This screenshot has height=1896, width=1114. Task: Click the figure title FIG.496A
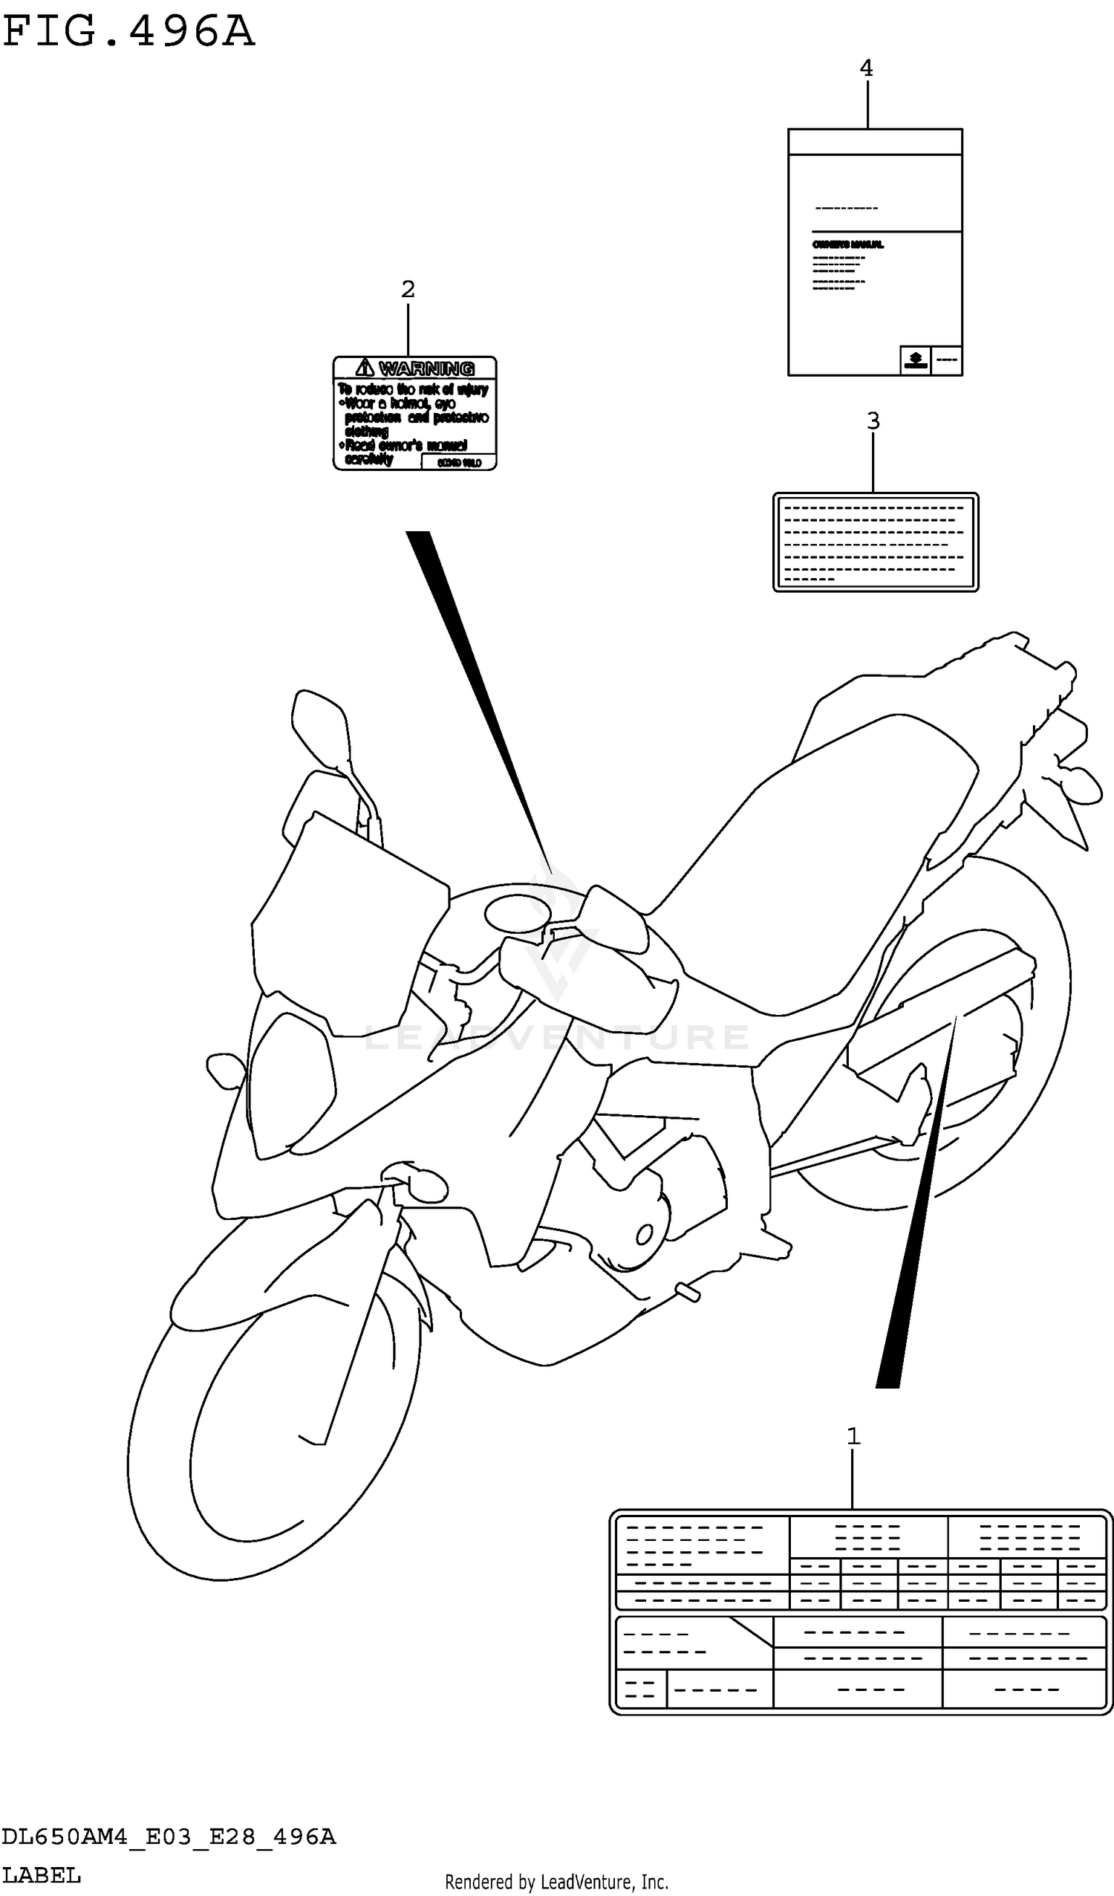128,33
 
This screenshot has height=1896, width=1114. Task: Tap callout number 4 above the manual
867,68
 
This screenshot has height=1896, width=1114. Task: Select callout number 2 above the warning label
408,289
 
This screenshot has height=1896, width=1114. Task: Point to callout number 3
873,421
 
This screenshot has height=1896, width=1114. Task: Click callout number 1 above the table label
853,1436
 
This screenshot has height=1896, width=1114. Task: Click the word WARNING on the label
426,369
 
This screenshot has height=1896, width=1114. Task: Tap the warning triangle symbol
365,368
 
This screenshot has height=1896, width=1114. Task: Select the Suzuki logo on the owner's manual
916,360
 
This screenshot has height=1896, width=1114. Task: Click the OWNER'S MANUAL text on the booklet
847,245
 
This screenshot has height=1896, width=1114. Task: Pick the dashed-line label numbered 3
876,542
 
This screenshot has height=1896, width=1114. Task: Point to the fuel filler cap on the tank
518,914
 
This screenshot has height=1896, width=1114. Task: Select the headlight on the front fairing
290,1083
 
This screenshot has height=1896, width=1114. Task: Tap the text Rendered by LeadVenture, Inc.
556,1882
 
